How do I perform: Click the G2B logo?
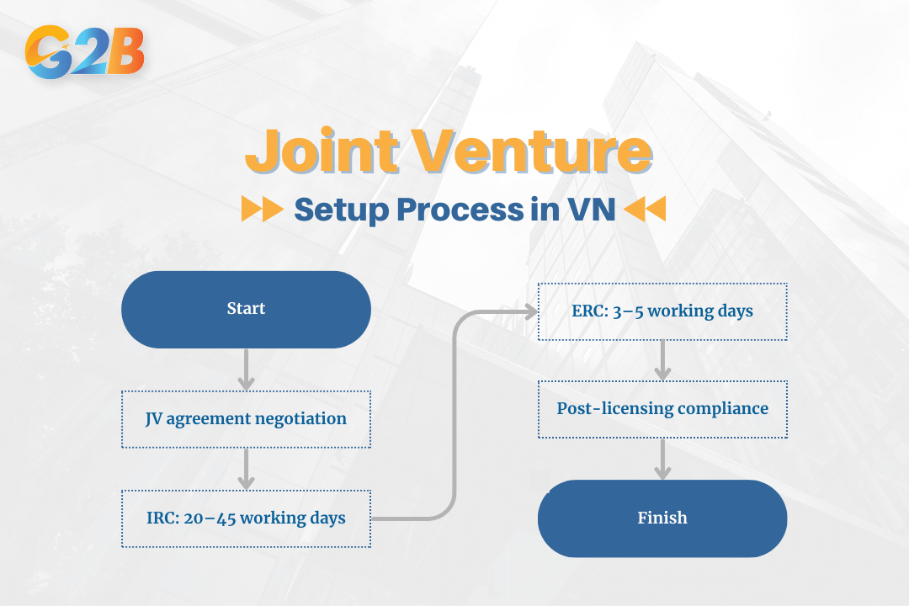[x=85, y=52]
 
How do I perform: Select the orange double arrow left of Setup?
[x=262, y=209]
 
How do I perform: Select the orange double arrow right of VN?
[x=646, y=209]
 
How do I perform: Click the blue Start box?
[x=246, y=309]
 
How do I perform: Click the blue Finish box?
[x=662, y=518]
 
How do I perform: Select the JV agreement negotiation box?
[x=246, y=418]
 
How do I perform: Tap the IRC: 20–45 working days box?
[x=246, y=518]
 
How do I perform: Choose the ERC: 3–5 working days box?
[x=662, y=311]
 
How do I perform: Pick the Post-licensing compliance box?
[x=662, y=408]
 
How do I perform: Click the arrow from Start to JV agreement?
[x=246, y=369]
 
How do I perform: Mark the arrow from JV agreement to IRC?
[x=246, y=469]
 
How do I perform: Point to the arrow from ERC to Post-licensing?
[x=662, y=360]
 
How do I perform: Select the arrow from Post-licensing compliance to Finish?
[x=662, y=459]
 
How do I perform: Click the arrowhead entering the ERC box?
[x=530, y=311]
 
